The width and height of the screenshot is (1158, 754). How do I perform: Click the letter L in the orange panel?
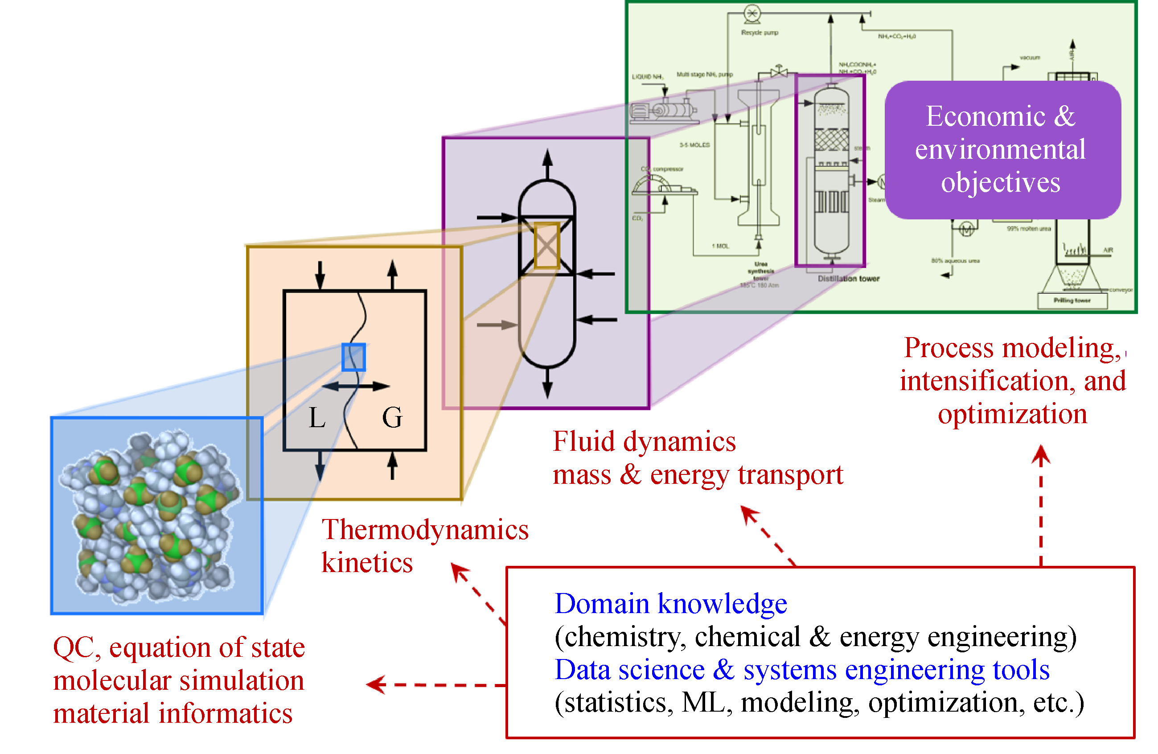point(317,418)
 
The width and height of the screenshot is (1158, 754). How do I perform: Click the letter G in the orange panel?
point(392,418)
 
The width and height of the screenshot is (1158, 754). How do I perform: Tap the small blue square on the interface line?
point(354,358)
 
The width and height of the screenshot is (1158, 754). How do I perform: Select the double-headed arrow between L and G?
point(356,387)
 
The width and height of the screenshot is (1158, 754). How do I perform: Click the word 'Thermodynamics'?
point(425,530)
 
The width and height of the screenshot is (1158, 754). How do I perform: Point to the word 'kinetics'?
point(367,563)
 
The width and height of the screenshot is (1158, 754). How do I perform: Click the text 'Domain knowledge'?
point(670,604)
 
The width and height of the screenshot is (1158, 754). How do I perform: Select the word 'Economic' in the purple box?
point(985,116)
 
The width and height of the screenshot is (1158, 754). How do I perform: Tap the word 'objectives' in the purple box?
point(1000,182)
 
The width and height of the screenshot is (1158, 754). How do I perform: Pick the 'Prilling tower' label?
point(1072,301)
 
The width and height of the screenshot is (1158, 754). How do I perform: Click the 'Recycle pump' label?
point(760,33)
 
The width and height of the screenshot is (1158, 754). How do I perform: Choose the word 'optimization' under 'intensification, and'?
point(1013,414)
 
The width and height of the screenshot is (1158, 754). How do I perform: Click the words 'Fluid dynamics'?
point(644,442)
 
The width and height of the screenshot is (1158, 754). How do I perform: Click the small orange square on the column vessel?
point(547,246)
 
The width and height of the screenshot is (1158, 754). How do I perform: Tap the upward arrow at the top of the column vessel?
point(547,163)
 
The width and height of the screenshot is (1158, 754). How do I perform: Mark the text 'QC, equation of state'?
point(179,648)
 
